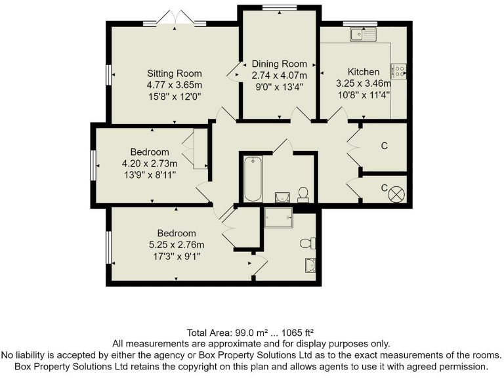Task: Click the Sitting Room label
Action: (174, 73)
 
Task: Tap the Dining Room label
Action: (280, 64)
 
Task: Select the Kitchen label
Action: (363, 72)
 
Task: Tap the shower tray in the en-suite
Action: (282, 217)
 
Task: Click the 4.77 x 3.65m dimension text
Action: (174, 85)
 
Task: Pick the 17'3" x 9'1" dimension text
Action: (176, 257)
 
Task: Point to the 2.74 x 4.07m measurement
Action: (280, 75)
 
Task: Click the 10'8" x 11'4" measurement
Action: (363, 94)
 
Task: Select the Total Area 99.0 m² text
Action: (251, 332)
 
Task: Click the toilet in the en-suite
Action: (306, 243)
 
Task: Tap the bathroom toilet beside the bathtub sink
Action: (303, 193)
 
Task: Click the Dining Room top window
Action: (279, 7)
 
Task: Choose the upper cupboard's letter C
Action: (385, 146)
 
